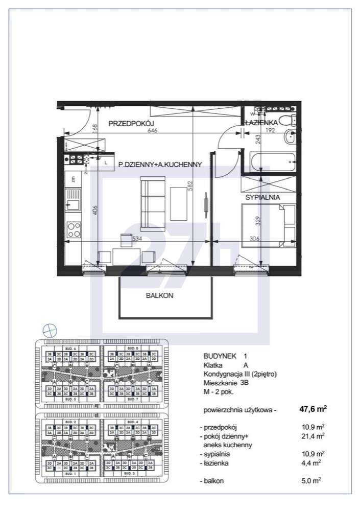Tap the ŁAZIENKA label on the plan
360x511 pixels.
pyautogui.click(x=261, y=123)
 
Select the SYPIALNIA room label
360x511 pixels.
pyautogui.click(x=262, y=197)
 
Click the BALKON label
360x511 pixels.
pyautogui.click(x=160, y=295)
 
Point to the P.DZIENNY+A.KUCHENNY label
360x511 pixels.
pyautogui.click(x=160, y=164)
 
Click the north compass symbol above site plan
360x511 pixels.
pyautogui.click(x=49, y=330)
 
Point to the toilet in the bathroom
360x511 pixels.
pyautogui.click(x=290, y=121)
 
